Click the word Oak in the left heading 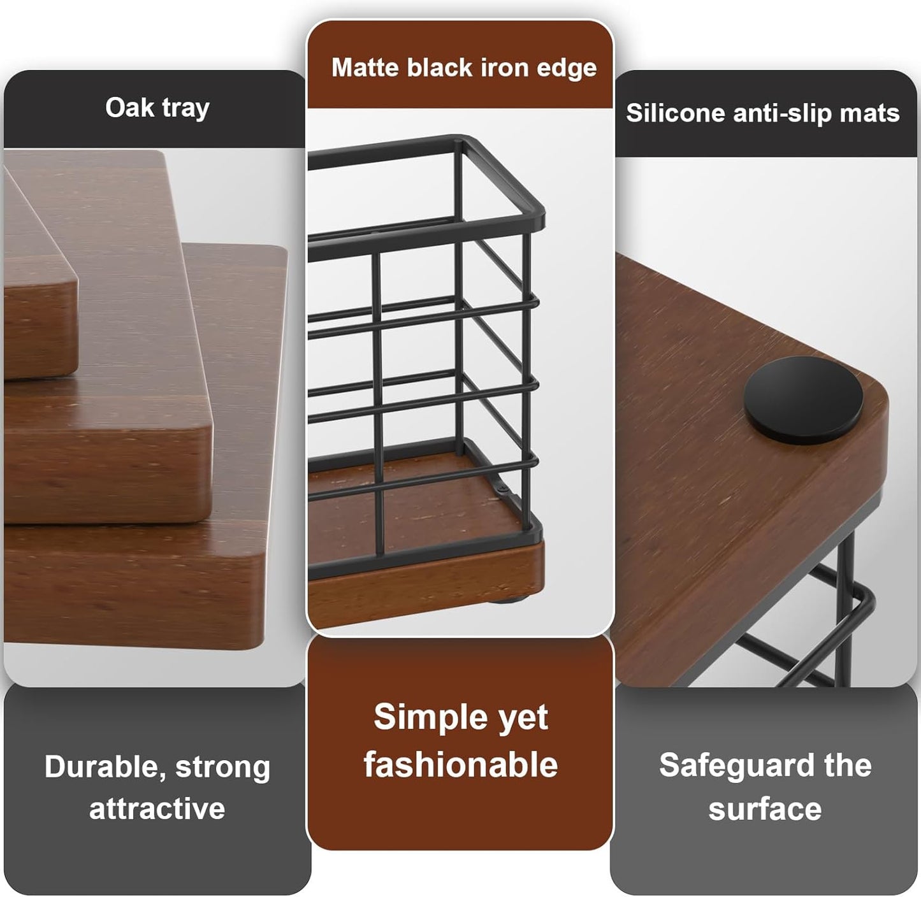pos(129,108)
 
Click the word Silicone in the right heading pos(675,113)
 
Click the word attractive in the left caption pos(157,809)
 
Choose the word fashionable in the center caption pos(460,764)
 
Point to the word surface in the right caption pos(765,809)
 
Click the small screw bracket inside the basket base pos(504,491)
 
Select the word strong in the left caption pos(222,767)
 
